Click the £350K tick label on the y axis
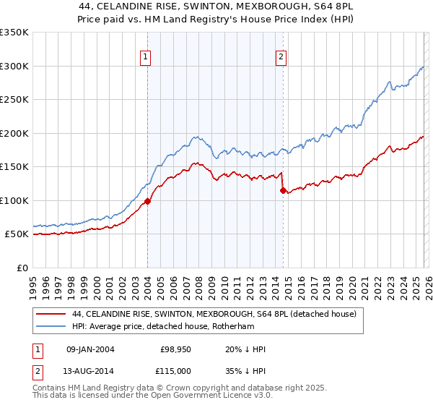click(x=14, y=33)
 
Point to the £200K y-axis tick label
click(x=14, y=133)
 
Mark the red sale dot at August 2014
click(x=283, y=190)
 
